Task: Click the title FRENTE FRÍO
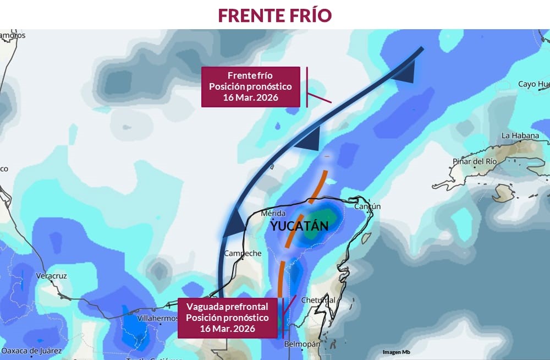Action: pos(274,15)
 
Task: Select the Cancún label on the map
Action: pos(367,206)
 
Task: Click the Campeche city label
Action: pos(243,253)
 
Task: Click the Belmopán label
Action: pos(302,344)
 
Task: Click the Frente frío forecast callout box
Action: pos(250,86)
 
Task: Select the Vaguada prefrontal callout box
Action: pos(227,318)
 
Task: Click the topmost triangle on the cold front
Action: pos(405,73)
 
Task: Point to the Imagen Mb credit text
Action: pos(396,352)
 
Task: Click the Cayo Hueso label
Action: pos(533,84)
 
